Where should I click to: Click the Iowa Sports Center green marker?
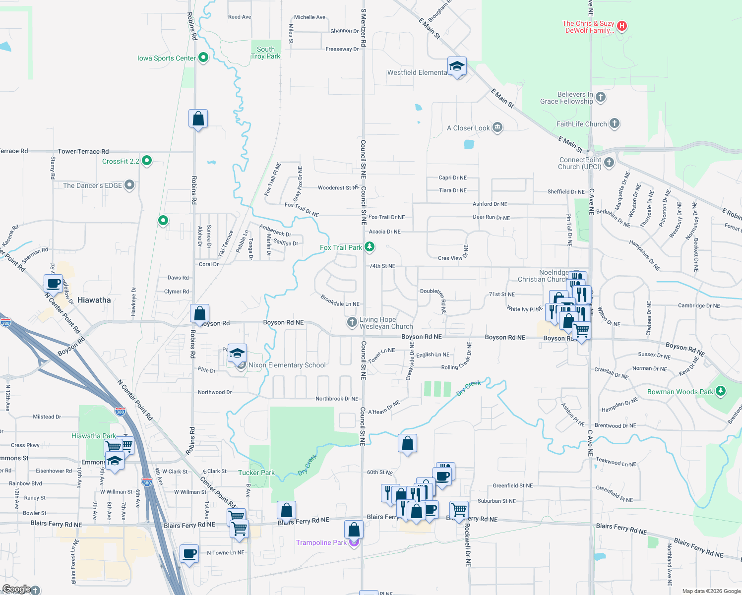click(x=203, y=58)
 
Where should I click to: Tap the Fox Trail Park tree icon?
click(x=369, y=246)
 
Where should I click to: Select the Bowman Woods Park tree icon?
click(x=721, y=391)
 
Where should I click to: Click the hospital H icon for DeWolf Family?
click(x=621, y=26)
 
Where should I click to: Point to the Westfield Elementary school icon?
click(x=456, y=66)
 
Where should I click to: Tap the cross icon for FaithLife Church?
click(x=614, y=123)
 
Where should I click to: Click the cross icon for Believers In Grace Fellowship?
click(x=601, y=97)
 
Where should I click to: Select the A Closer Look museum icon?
click(x=497, y=127)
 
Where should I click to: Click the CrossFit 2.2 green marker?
click(x=146, y=161)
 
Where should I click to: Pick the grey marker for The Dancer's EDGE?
click(x=129, y=185)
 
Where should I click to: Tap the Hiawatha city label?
click(x=94, y=300)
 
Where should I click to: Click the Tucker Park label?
click(x=256, y=473)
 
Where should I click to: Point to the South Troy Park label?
click(x=266, y=53)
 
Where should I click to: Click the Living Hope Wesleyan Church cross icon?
click(x=352, y=322)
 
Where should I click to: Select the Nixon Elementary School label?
click(x=287, y=365)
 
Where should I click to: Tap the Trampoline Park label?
click(x=321, y=542)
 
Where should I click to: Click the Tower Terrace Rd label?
click(x=83, y=151)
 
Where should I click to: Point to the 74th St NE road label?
click(x=382, y=266)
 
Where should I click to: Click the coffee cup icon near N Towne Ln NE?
click(x=189, y=553)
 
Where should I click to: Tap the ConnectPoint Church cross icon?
click(x=609, y=162)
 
